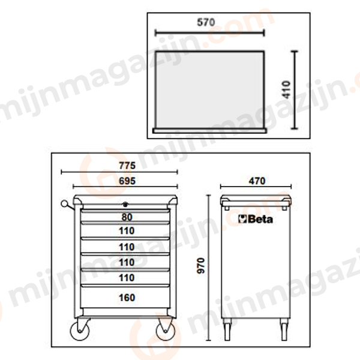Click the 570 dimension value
click(206, 22)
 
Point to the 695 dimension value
click(127, 179)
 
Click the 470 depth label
click(256, 179)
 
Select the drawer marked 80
click(126, 217)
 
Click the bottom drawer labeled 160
click(126, 297)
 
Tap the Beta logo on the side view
click(256, 219)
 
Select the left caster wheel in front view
click(79, 329)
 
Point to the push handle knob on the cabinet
click(64, 204)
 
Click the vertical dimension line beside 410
click(294, 90)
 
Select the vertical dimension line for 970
click(209, 267)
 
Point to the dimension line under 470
click(256, 187)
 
